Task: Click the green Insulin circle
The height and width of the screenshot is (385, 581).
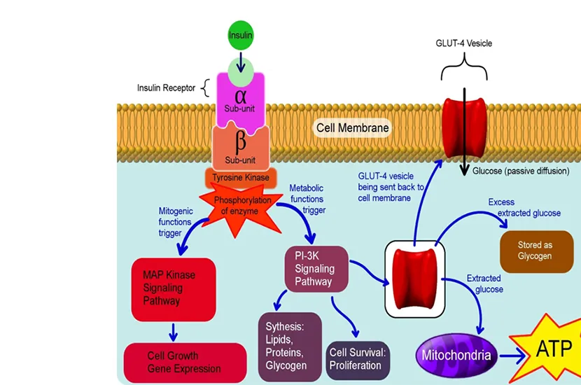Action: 240,35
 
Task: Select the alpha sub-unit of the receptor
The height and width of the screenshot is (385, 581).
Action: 241,98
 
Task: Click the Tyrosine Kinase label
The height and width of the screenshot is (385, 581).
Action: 241,177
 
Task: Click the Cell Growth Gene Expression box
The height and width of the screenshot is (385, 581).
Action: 185,363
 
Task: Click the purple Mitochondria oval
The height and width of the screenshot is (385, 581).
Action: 456,355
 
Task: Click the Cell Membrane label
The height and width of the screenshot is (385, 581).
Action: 352,128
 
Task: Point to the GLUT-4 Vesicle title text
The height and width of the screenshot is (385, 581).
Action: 463,43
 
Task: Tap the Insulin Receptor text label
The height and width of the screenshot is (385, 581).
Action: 167,88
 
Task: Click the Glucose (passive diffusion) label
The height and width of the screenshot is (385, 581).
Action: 520,171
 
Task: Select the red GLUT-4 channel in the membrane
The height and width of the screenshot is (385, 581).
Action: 464,128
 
